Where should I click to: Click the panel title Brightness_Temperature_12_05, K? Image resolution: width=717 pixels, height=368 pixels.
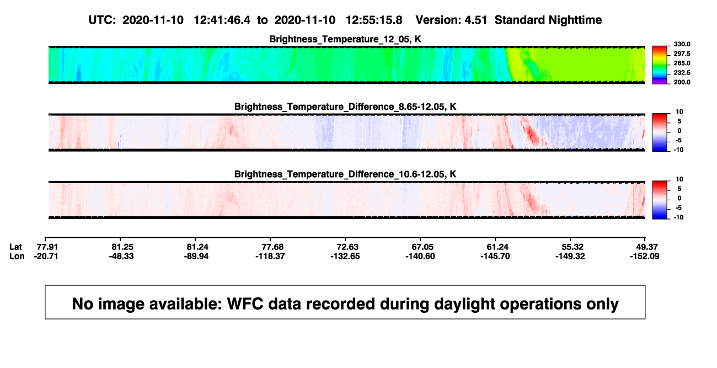pyautogui.click(x=345, y=39)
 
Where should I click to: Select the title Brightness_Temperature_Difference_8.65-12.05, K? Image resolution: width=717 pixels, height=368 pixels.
pyautogui.click(x=345, y=106)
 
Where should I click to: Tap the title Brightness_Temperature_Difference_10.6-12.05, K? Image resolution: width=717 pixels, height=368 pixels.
pyautogui.click(x=345, y=174)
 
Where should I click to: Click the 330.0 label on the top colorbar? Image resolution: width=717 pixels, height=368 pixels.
pyautogui.click(x=682, y=44)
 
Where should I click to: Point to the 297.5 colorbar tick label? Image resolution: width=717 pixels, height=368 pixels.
pyautogui.click(x=682, y=54)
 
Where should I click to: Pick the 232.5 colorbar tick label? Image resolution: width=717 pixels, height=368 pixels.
pyautogui.click(x=682, y=73)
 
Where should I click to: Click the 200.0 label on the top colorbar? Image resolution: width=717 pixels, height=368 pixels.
pyautogui.click(x=682, y=82)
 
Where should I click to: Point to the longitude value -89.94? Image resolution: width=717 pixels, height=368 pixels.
pyautogui.click(x=196, y=256)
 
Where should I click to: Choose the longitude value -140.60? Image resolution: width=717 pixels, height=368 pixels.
pyautogui.click(x=420, y=256)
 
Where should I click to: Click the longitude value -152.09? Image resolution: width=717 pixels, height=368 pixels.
pyautogui.click(x=645, y=256)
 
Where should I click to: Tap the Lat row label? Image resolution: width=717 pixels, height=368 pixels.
pyautogui.click(x=15, y=247)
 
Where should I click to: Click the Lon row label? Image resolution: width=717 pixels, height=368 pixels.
pyautogui.click(x=17, y=256)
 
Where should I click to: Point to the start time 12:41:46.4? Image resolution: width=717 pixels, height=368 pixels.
pyautogui.click(x=222, y=20)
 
